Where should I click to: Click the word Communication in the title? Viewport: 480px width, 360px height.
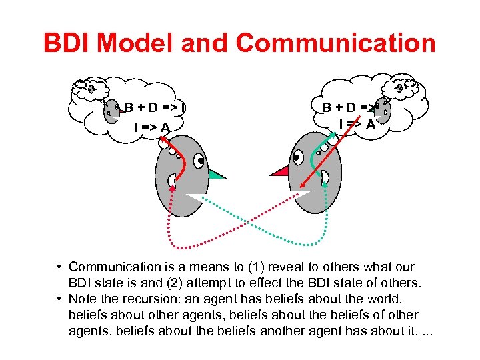coord(335,43)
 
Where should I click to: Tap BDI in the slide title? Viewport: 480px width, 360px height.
coord(69,43)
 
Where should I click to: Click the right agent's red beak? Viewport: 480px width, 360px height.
coord(279,171)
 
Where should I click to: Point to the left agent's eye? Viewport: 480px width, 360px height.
coord(201,161)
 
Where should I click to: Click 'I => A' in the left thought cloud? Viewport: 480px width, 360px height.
coord(151,127)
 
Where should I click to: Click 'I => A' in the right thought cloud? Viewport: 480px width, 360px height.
coord(357,123)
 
